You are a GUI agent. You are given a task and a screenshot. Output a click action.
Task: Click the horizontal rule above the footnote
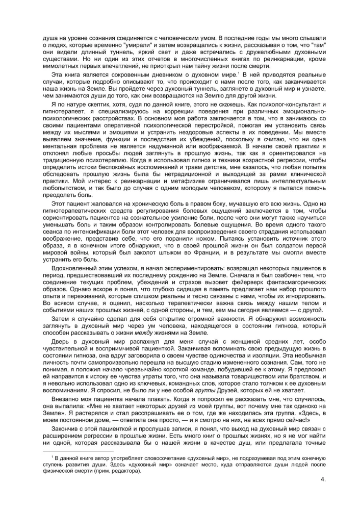point(86,451)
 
